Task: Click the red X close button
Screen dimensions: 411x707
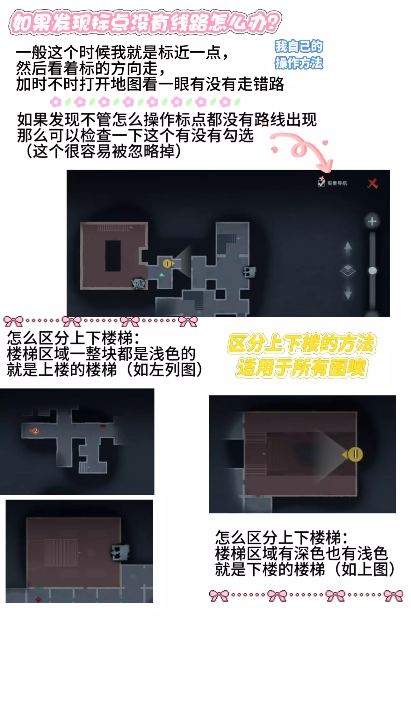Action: (372, 183)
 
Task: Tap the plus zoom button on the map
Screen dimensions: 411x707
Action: (372, 221)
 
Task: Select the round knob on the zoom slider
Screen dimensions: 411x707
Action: (372, 271)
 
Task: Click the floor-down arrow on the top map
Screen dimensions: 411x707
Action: (348, 292)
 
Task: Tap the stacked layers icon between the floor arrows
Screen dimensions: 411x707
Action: (348, 271)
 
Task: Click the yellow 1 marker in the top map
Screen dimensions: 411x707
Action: (167, 263)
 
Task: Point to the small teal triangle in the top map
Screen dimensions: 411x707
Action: (162, 274)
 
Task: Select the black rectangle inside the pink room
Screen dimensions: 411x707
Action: (113, 256)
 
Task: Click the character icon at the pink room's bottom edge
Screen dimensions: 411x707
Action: (139, 283)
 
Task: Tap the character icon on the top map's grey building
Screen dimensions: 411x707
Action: (249, 272)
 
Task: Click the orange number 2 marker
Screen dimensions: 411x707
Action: (35, 431)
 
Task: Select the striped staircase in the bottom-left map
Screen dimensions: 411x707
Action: (61, 552)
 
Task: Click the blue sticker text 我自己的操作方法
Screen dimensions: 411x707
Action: (299, 55)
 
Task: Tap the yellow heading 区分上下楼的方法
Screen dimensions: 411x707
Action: (302, 343)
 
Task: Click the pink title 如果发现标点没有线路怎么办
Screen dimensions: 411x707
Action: (145, 22)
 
